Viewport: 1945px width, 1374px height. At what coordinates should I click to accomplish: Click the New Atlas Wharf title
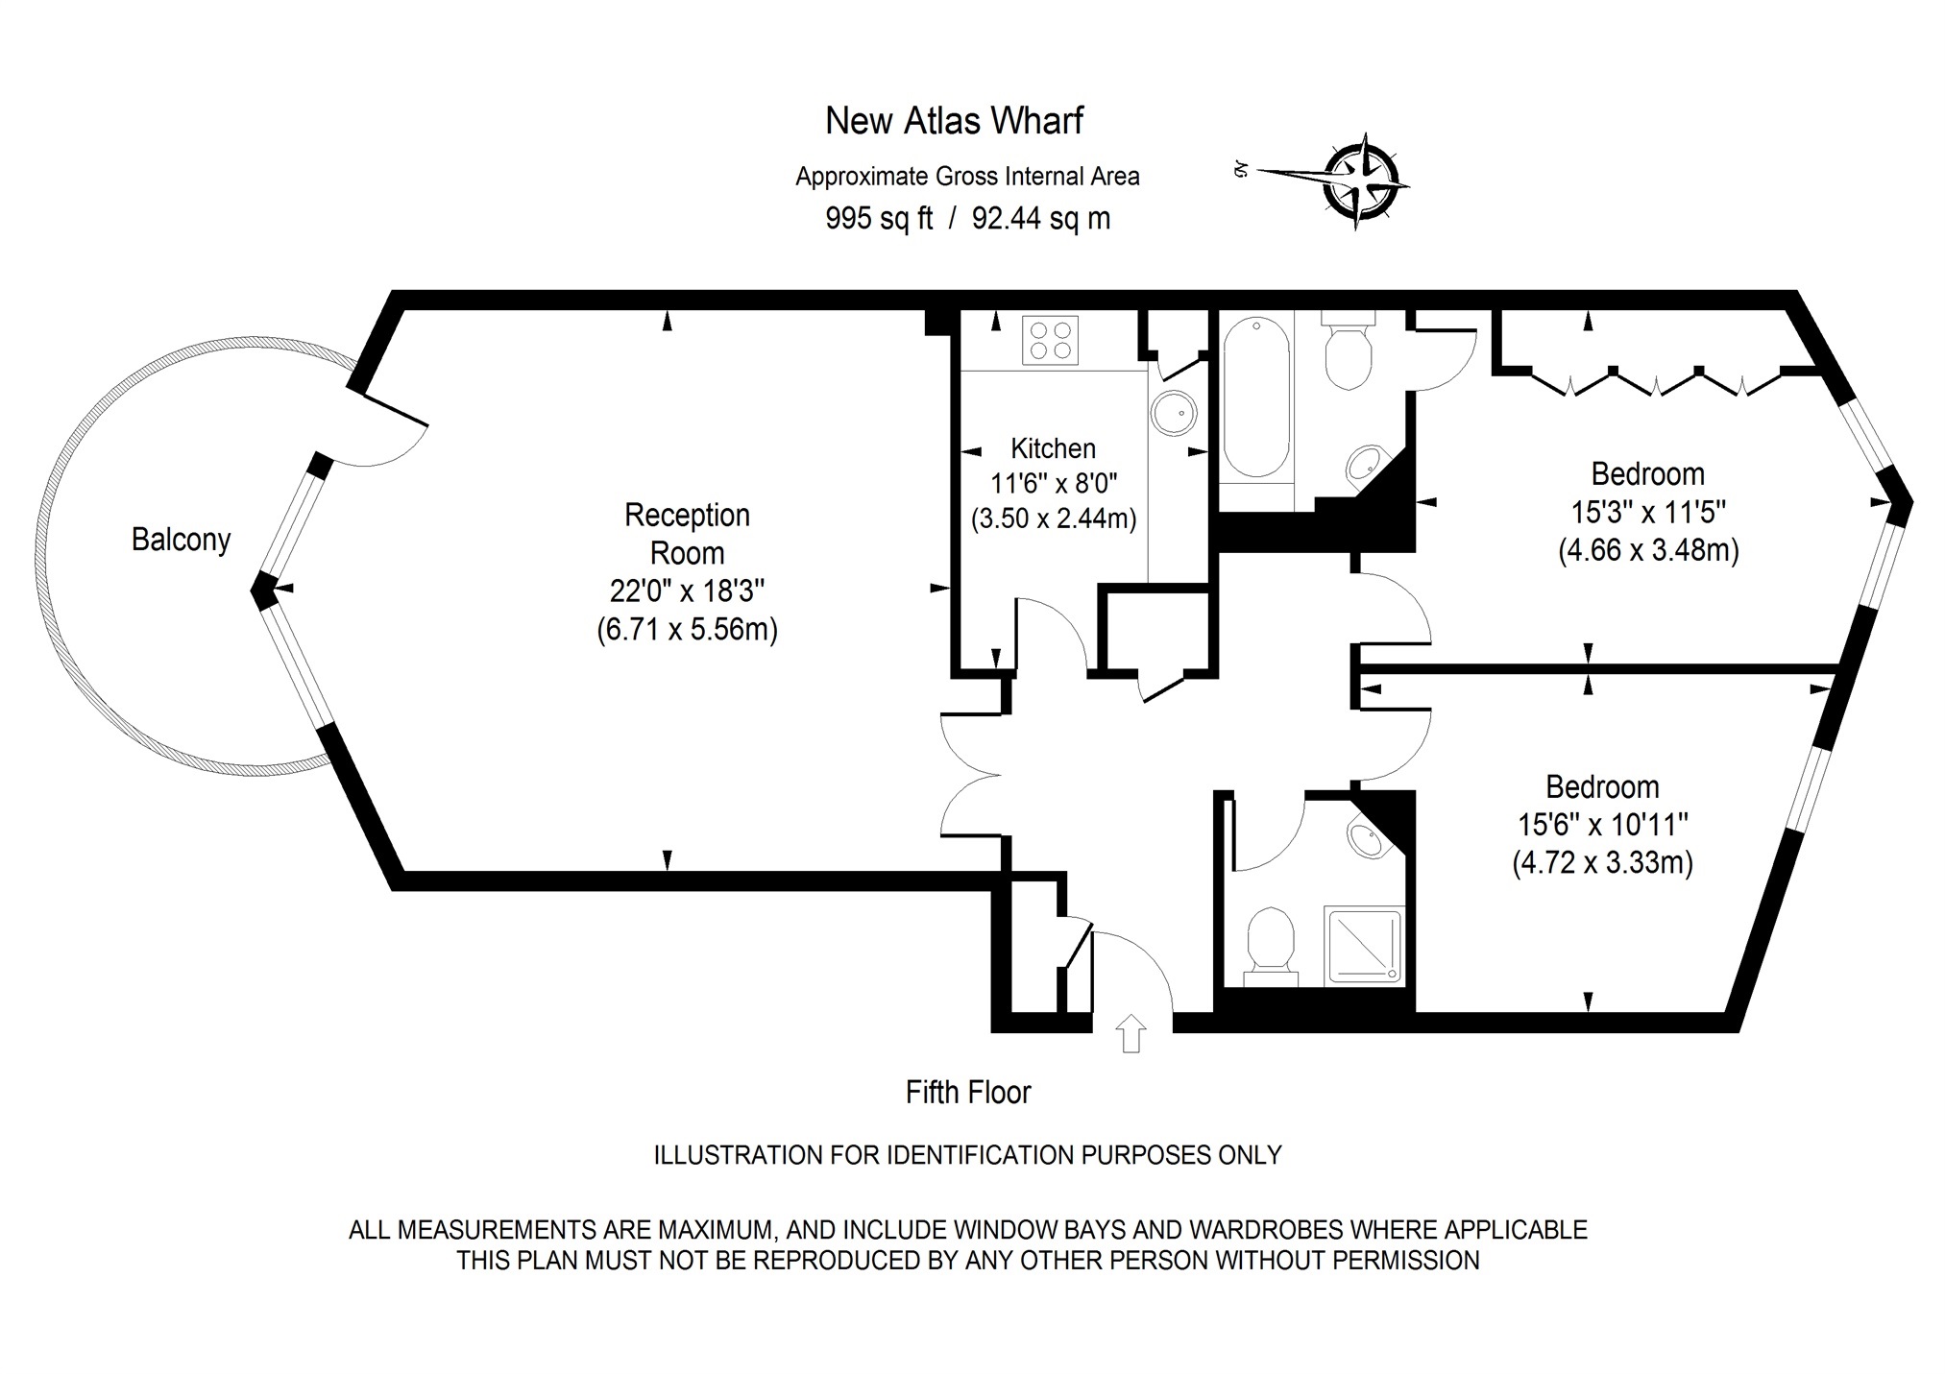(x=954, y=121)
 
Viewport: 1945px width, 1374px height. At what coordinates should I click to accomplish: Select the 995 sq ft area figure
(x=879, y=219)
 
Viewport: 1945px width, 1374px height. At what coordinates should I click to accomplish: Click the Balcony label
(x=181, y=540)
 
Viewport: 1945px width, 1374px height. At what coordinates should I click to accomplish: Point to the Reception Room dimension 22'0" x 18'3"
(x=687, y=591)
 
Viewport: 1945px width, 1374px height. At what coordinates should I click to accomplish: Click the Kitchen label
(x=1053, y=448)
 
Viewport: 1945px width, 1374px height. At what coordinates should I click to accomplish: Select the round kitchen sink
(x=1174, y=414)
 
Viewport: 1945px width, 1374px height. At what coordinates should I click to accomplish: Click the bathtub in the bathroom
(x=1256, y=398)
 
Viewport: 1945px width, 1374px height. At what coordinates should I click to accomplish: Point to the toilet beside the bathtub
(x=1349, y=355)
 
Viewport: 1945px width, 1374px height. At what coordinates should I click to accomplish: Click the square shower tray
(x=1362, y=946)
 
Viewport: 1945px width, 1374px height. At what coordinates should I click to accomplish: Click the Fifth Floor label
(x=967, y=1093)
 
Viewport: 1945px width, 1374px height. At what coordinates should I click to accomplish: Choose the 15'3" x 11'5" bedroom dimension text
(x=1648, y=512)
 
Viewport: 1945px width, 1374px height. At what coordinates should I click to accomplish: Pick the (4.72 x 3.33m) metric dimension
(x=1602, y=862)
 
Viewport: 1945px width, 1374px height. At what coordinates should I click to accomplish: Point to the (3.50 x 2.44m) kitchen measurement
(x=1053, y=519)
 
